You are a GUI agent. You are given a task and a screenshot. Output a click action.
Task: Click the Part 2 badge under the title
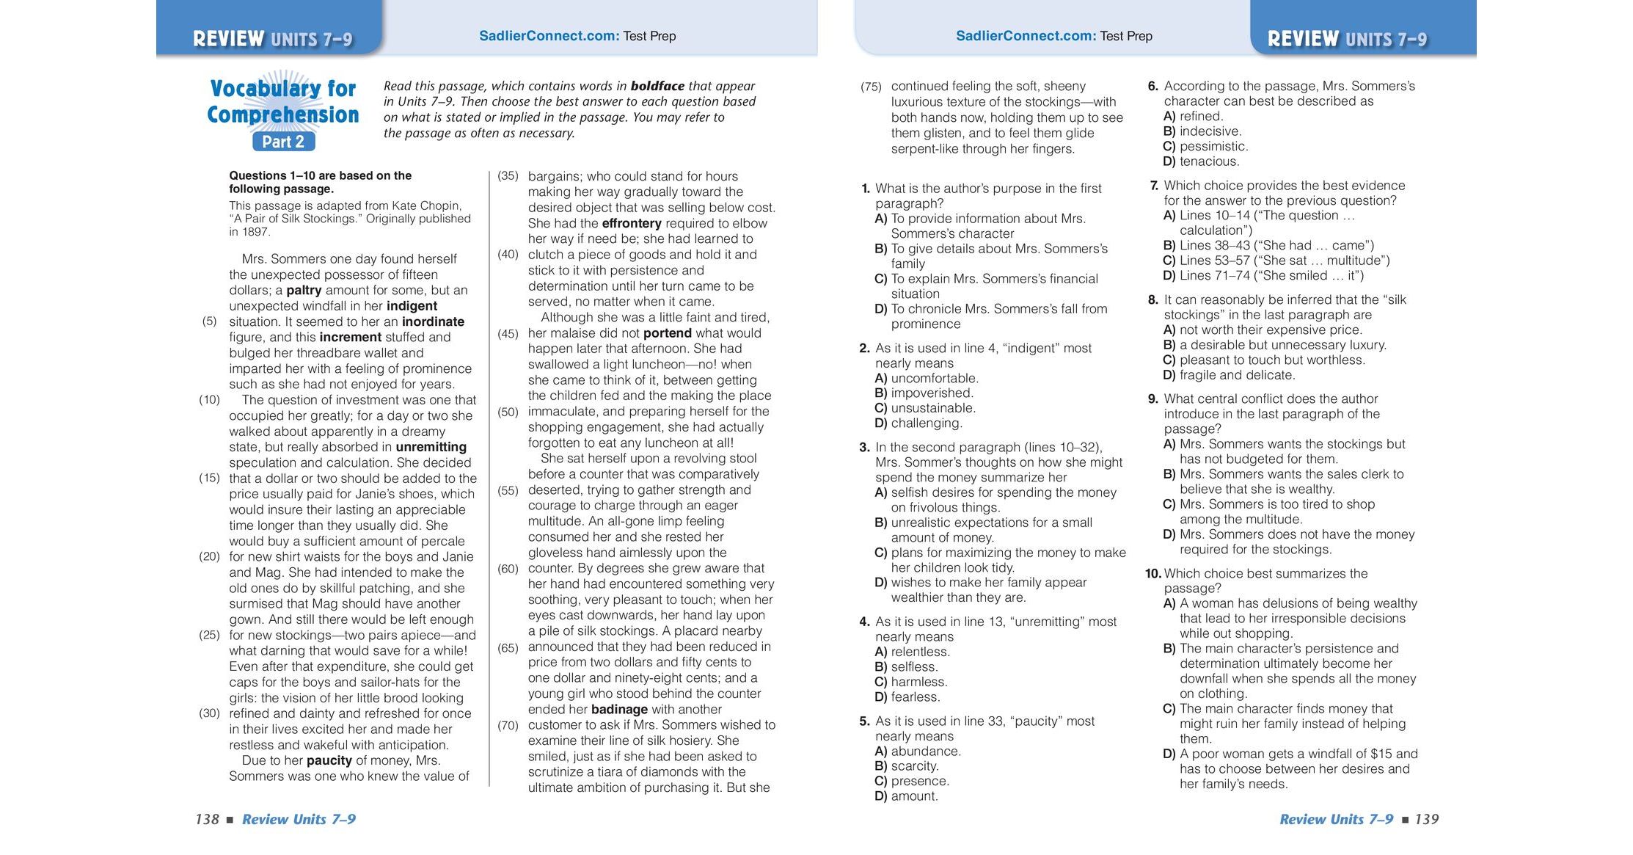(x=283, y=142)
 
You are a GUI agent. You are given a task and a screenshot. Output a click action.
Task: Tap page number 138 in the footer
(x=207, y=819)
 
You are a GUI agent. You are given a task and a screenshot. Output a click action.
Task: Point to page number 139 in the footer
(x=1426, y=819)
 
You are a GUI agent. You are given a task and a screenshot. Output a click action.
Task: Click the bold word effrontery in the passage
(x=631, y=223)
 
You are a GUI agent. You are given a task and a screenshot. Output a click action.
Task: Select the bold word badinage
(x=619, y=709)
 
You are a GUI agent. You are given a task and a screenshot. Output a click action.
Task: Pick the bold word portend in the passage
(x=667, y=333)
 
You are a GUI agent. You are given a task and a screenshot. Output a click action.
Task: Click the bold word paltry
(x=304, y=290)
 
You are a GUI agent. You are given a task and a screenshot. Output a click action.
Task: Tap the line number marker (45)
(x=508, y=333)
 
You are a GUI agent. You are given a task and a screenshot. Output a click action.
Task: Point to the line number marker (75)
(x=871, y=87)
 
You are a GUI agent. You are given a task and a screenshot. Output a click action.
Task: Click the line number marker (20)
(x=209, y=556)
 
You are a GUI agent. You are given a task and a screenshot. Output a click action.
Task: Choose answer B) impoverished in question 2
(x=924, y=393)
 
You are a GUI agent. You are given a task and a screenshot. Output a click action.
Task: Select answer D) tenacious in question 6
(x=1201, y=161)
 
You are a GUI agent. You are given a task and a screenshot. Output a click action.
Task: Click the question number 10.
(x=1152, y=574)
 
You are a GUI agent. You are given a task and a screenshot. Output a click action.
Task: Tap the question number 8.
(x=1153, y=299)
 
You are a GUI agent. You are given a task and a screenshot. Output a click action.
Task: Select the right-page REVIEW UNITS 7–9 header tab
(x=1347, y=38)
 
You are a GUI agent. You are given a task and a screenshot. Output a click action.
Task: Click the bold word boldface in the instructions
(x=657, y=86)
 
